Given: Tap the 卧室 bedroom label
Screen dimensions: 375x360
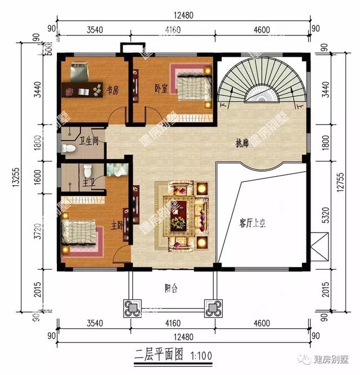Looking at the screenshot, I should click(161, 88).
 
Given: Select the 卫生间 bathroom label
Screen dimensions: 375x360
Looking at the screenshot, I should click(89, 141).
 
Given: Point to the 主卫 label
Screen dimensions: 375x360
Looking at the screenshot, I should click(88, 183).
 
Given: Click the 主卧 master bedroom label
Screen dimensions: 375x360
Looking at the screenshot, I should click(117, 225).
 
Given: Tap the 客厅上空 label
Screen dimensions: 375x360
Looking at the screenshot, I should click(251, 224).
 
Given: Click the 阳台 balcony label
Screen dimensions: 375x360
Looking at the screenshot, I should click(171, 288).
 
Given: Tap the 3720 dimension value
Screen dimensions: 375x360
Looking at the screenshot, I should click(38, 229).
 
